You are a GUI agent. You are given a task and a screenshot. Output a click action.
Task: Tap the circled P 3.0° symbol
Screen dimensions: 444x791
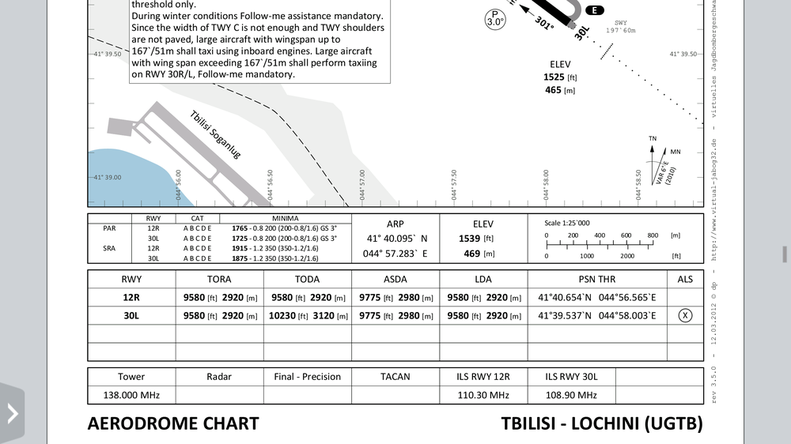click(x=494, y=19)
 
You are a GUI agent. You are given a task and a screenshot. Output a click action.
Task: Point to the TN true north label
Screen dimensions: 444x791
click(x=653, y=139)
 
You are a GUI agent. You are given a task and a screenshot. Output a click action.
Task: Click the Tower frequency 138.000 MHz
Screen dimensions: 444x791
click(x=131, y=395)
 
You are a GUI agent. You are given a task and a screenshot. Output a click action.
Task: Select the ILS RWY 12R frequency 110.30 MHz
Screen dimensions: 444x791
click(x=483, y=395)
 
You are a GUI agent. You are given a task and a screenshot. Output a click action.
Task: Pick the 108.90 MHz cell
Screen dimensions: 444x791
click(x=571, y=395)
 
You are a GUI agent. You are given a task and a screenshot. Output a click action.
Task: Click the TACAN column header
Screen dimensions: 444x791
click(x=395, y=377)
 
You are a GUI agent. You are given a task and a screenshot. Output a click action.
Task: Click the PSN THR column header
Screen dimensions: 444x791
click(x=596, y=279)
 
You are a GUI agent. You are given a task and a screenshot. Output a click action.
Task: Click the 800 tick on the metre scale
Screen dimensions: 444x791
click(x=653, y=235)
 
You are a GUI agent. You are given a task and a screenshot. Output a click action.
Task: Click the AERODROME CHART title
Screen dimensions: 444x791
click(x=172, y=423)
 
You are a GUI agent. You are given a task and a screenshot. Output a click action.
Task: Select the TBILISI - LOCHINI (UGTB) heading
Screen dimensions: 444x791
click(x=601, y=423)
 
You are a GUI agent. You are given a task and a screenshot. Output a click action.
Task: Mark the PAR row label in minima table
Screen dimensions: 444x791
click(x=109, y=228)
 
